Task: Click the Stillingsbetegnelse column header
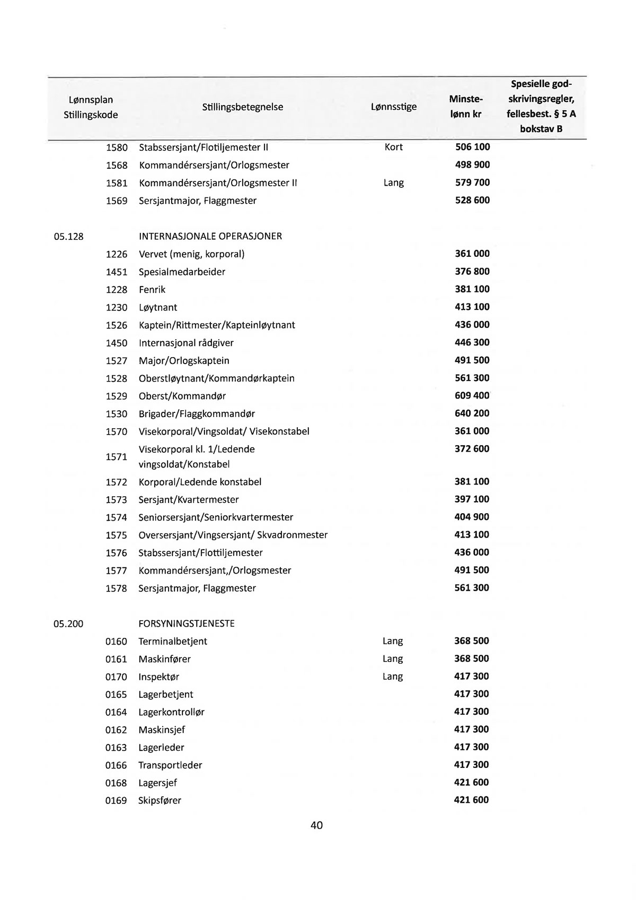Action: coord(242,107)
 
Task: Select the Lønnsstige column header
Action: coord(393,107)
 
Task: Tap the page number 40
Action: coord(317,825)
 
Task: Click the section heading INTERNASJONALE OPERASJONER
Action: coord(210,236)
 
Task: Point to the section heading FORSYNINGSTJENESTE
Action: coord(186,624)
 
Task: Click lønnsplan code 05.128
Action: coord(69,237)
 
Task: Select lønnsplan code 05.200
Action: coord(69,624)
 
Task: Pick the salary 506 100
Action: coord(472,147)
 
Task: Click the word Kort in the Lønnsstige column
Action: coord(393,147)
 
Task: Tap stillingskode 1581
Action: coord(117,183)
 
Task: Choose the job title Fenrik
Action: coord(152,290)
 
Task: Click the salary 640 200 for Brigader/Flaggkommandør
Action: coord(472,413)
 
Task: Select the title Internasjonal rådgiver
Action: coord(186,343)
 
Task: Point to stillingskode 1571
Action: coord(117,457)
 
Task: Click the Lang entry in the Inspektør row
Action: coord(393,677)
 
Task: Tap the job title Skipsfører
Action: coord(160,801)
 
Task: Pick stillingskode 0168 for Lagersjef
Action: coord(116,783)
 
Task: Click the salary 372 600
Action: coord(472,449)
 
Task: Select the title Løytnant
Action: coord(158,308)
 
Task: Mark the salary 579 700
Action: coord(472,183)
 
